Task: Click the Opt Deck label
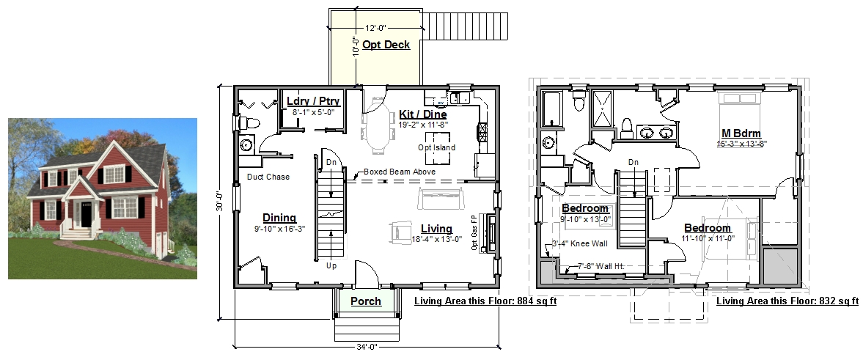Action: coord(386,45)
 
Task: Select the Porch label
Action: coord(366,301)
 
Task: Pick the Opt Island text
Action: coord(436,147)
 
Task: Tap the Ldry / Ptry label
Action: coord(314,101)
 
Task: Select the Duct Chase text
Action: coord(268,177)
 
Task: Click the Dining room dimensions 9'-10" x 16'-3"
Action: coord(279,229)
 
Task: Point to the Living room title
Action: coord(436,229)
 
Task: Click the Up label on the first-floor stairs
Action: coord(331,266)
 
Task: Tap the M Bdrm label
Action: coord(741,133)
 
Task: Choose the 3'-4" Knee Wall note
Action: coord(579,243)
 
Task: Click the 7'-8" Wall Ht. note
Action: coord(601,266)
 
